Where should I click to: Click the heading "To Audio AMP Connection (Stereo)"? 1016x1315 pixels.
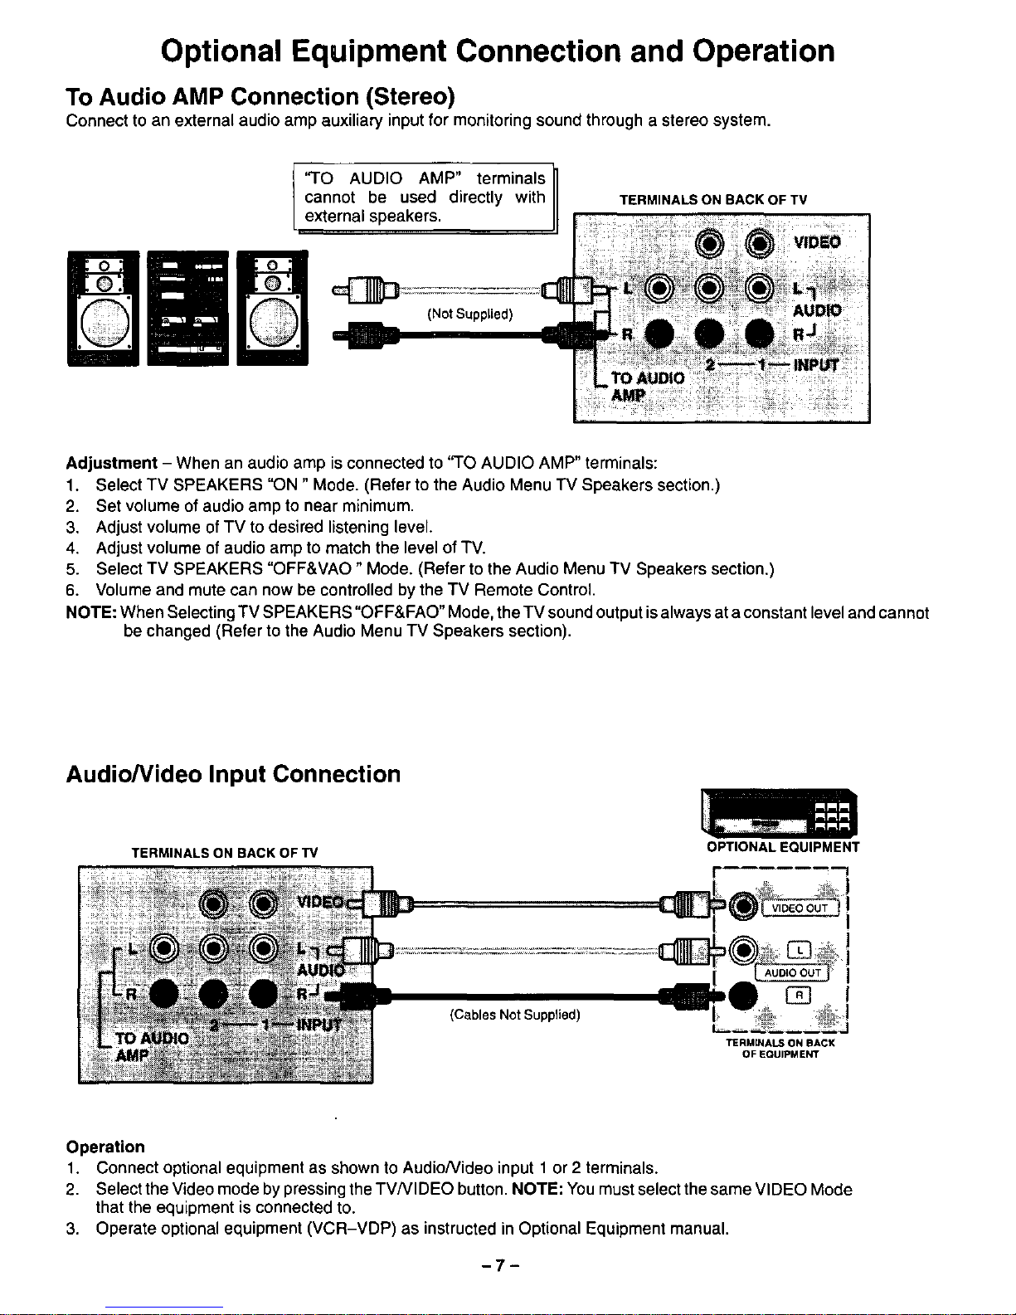point(260,97)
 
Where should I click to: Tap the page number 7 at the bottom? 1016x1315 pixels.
point(498,1265)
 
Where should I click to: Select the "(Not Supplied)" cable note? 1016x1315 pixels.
point(469,314)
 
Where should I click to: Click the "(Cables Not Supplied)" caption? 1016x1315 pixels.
point(514,1015)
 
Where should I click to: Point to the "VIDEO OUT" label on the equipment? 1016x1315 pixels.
point(800,908)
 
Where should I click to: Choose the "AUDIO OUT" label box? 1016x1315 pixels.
point(793,972)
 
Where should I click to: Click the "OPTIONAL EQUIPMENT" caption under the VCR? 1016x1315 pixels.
point(782,847)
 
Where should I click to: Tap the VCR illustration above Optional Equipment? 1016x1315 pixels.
point(779,814)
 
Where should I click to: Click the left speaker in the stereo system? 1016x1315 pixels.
point(104,308)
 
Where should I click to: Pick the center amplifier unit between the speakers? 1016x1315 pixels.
point(187,308)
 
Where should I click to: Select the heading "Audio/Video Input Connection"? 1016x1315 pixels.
point(233,774)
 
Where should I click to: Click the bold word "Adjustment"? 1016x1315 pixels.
point(111,463)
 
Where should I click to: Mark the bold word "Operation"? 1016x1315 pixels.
point(105,1147)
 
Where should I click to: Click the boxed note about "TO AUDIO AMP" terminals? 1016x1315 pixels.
point(425,197)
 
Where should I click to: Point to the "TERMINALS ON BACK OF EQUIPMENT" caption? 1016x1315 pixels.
point(780,1049)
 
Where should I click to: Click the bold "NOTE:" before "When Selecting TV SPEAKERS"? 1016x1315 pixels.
point(90,613)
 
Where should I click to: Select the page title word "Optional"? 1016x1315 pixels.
point(221,51)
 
